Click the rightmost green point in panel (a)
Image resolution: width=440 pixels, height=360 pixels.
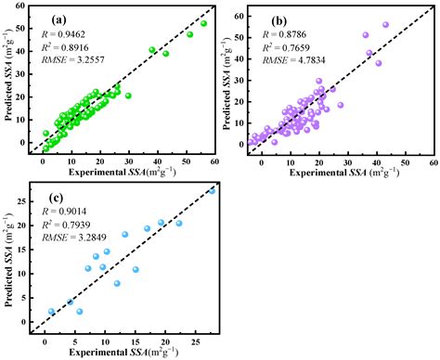204,23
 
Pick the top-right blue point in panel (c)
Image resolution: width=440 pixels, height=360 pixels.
212,191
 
